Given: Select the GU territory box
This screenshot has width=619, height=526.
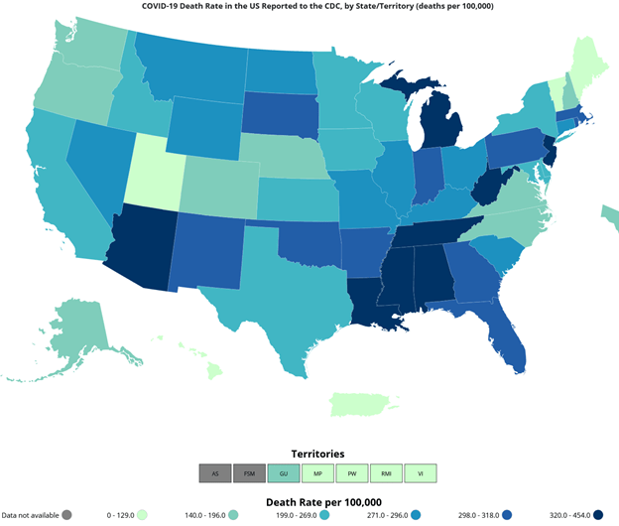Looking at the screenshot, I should click(283, 473).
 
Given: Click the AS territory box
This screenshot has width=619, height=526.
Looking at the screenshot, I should click(214, 473).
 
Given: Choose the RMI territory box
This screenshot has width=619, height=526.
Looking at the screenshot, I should click(386, 473).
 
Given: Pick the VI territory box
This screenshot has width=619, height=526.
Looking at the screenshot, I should click(421, 473).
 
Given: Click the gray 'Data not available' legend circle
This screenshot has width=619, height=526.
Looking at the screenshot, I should click(66, 515).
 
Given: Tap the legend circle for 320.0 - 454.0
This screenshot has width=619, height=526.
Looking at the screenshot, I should click(600, 515).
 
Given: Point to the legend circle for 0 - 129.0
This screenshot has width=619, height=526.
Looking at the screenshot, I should click(144, 515).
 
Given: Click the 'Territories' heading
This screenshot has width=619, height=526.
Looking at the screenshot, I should click(317, 454).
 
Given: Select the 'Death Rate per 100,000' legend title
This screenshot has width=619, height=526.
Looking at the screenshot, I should click(317, 500).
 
